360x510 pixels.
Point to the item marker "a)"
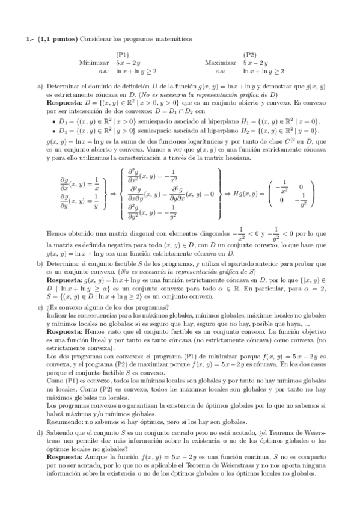(x=40, y=86)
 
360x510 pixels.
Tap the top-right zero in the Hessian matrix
(x=301, y=186)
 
